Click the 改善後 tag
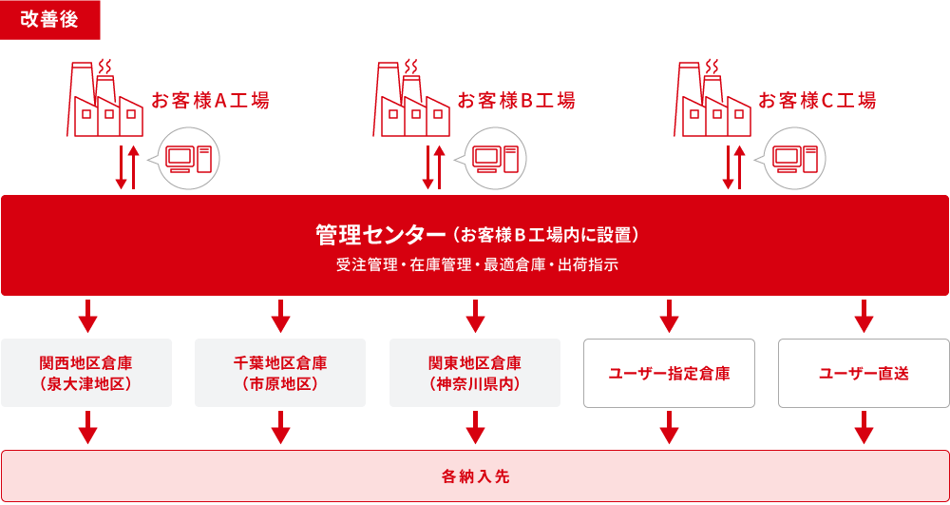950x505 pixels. [x=49, y=20]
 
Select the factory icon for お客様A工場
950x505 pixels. [x=104, y=100]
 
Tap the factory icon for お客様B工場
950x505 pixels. [x=411, y=100]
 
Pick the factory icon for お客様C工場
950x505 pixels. [x=712, y=100]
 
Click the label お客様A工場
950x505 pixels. [x=210, y=101]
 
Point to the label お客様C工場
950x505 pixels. [x=816, y=101]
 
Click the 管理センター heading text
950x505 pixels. [x=380, y=234]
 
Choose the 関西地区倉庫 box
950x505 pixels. [x=86, y=373]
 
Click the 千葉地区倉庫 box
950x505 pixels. [x=280, y=373]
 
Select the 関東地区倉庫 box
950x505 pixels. [x=475, y=373]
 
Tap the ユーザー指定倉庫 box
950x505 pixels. [x=669, y=373]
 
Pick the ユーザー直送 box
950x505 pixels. [x=864, y=373]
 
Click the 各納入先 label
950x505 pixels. [x=475, y=476]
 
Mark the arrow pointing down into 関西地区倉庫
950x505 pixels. [x=87, y=317]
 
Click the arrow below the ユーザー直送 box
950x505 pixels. [x=864, y=428]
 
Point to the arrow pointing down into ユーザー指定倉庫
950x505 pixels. [x=669, y=317]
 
